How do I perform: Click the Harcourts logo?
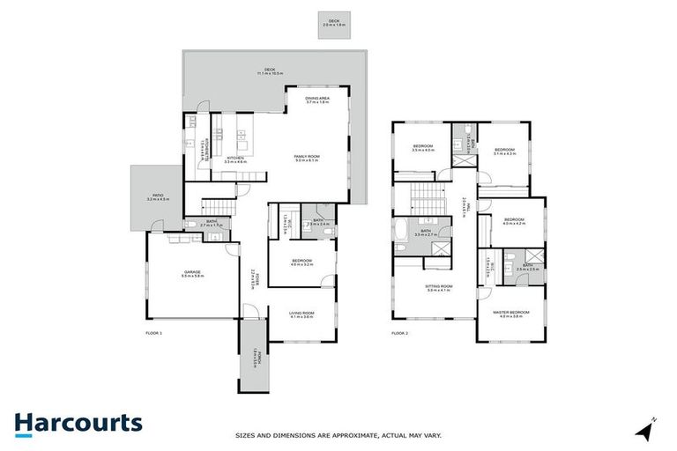tap(78, 424)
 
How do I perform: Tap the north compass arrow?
tap(646, 431)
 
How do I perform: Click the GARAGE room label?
tap(191, 272)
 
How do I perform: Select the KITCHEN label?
tap(235, 158)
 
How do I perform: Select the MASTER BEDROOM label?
tap(511, 313)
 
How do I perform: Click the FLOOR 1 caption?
tap(154, 334)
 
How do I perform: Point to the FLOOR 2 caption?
tap(400, 334)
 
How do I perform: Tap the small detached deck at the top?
tap(333, 25)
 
